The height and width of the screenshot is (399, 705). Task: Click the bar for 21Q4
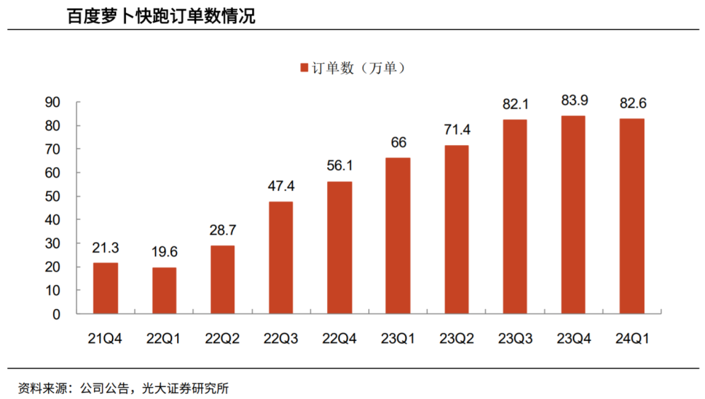[105, 288]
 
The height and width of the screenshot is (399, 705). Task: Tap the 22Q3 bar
[281, 258]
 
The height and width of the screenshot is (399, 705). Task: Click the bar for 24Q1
[631, 216]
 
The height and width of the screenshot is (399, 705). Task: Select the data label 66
[398, 143]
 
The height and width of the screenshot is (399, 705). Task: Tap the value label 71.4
[457, 130]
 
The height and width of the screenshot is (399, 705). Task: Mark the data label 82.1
[515, 105]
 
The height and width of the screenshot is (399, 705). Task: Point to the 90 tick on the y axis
[53, 103]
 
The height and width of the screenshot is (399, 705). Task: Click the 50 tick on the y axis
[53, 196]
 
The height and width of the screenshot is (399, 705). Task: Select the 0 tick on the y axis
[57, 313]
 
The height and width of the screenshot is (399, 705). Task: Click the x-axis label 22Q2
[222, 339]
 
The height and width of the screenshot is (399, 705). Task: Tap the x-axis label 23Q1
[398, 339]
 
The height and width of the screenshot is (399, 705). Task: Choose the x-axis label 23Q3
[515, 339]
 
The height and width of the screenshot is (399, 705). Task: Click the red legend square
[304, 68]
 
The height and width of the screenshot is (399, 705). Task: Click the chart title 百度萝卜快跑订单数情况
[161, 16]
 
